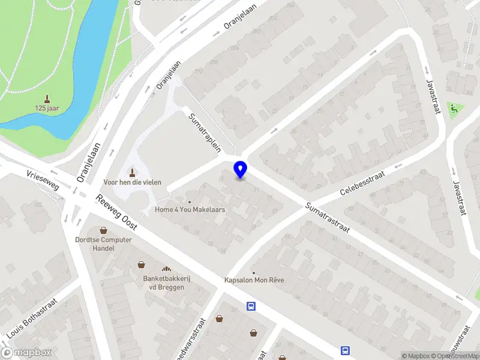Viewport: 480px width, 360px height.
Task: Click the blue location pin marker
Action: (x=240, y=169)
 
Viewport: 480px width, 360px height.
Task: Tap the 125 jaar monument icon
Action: (x=47, y=98)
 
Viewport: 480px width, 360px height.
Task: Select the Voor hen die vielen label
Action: (x=133, y=182)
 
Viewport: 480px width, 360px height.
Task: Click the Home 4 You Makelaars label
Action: (x=190, y=209)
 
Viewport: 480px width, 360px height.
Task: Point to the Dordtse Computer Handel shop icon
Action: (x=103, y=230)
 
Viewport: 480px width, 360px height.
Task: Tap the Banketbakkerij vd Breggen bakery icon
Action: (x=166, y=269)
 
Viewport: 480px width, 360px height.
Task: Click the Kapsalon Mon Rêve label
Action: (x=254, y=280)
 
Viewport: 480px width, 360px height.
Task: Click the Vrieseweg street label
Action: (x=43, y=179)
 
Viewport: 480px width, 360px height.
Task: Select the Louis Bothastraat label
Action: (x=32, y=317)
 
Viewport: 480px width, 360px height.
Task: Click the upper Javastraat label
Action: (x=432, y=96)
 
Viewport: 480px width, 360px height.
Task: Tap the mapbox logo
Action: (x=26, y=353)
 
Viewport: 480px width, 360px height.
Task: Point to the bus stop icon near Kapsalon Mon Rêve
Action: (x=251, y=307)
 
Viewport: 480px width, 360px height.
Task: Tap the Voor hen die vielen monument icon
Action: (x=133, y=172)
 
